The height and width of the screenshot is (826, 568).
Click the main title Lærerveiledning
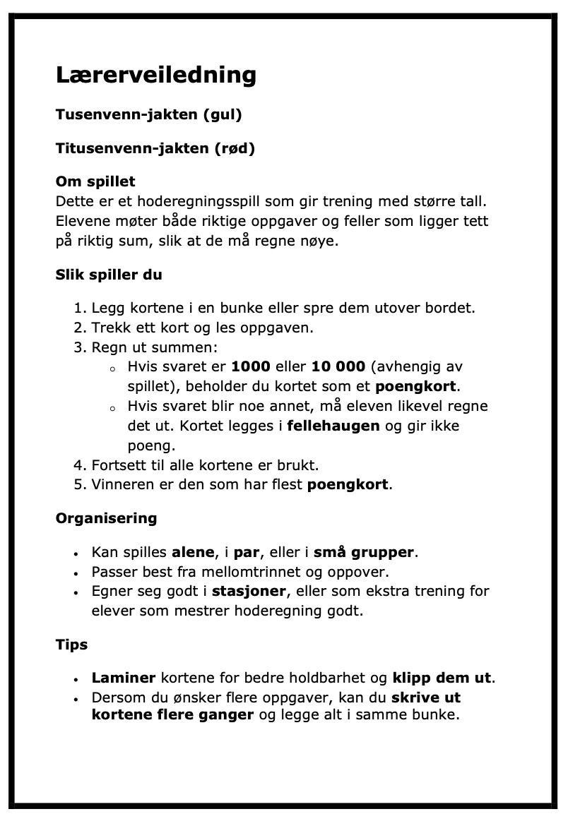point(155,74)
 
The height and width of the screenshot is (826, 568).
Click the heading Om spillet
point(95,182)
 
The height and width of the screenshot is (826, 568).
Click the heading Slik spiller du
point(109,275)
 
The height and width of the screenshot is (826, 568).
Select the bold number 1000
point(251,367)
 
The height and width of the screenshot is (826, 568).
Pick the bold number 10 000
point(338,367)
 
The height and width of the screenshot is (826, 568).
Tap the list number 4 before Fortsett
point(78,466)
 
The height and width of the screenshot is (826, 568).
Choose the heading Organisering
point(106,518)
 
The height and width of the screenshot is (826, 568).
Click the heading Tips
point(71,645)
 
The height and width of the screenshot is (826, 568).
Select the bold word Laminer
point(124,678)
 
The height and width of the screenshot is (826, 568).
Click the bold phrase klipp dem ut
point(442,678)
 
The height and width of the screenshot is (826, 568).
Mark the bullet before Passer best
point(76,572)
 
